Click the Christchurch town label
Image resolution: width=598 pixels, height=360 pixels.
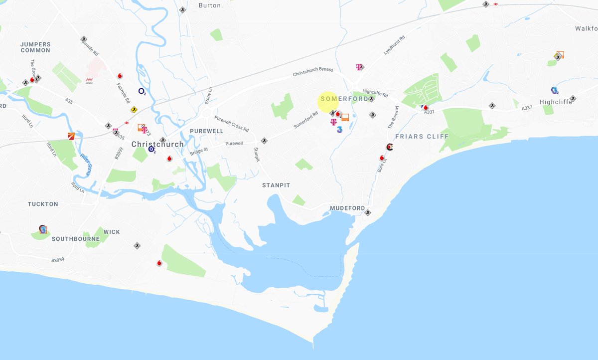pyautogui.click(x=157, y=144)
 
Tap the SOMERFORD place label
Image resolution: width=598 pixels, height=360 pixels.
pyautogui.click(x=345, y=99)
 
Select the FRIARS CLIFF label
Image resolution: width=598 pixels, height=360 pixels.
pyautogui.click(x=422, y=136)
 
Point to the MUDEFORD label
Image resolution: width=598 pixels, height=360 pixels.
pyautogui.click(x=347, y=208)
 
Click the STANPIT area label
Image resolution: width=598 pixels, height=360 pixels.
pyautogui.click(x=276, y=185)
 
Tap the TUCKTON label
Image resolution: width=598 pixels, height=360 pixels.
pyautogui.click(x=43, y=204)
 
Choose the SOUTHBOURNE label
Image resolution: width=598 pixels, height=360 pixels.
pyautogui.click(x=76, y=239)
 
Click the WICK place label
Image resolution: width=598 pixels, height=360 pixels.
pyautogui.click(x=112, y=232)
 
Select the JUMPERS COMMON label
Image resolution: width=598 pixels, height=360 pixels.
pyautogui.click(x=35, y=47)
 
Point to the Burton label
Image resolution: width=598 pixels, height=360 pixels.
pyautogui.click(x=209, y=5)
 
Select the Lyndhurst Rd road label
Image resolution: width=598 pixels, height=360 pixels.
pyautogui.click(x=394, y=45)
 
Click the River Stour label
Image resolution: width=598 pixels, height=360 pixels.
pyautogui.click(x=86, y=164)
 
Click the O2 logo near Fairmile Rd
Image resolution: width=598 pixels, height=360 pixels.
pyautogui.click(x=142, y=91)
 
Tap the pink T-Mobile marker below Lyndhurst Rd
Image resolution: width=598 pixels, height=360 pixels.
pyautogui.click(x=358, y=67)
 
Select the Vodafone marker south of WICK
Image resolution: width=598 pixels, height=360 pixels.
pyautogui.click(x=159, y=263)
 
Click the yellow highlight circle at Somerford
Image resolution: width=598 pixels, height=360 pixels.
pyautogui.click(x=328, y=101)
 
